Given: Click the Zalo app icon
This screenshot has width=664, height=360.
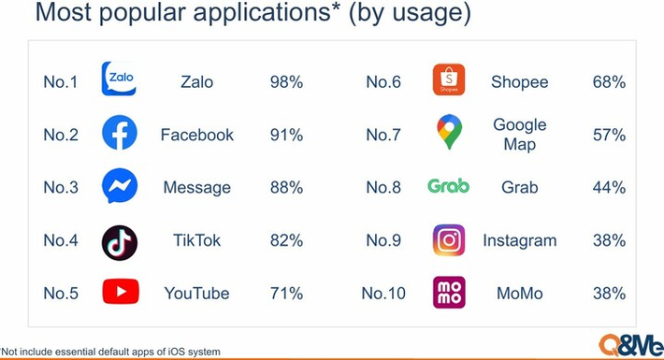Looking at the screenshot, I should coord(119,80).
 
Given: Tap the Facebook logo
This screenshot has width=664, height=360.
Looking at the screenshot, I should coord(119,134).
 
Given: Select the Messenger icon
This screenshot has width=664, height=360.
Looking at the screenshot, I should coord(119,187).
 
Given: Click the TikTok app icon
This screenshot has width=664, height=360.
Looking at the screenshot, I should coord(119,240).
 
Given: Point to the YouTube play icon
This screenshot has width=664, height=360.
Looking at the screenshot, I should coord(120,293).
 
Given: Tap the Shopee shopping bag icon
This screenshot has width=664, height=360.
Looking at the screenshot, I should coord(449,80).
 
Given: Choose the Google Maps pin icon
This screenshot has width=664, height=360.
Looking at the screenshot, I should coord(449,133).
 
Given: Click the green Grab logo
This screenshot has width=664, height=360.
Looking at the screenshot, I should coord(448,187).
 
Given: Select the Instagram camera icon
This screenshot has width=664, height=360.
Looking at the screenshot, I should coord(449,240).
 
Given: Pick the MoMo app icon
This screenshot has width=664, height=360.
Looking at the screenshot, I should coord(449,293).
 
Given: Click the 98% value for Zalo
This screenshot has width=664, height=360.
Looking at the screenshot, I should coord(286,82).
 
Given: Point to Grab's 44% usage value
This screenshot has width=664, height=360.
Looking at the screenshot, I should coord(608,188).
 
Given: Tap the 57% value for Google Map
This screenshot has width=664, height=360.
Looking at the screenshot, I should coord(608,135).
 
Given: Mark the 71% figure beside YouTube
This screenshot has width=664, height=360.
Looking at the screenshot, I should coord(286,294).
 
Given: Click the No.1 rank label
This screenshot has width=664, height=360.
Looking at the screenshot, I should coord(61,82).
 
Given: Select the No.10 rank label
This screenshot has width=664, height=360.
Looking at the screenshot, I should coord(383,294).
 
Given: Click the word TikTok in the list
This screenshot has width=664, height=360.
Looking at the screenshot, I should coord(196,240).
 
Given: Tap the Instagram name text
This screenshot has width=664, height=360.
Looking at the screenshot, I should coord(519,240).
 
